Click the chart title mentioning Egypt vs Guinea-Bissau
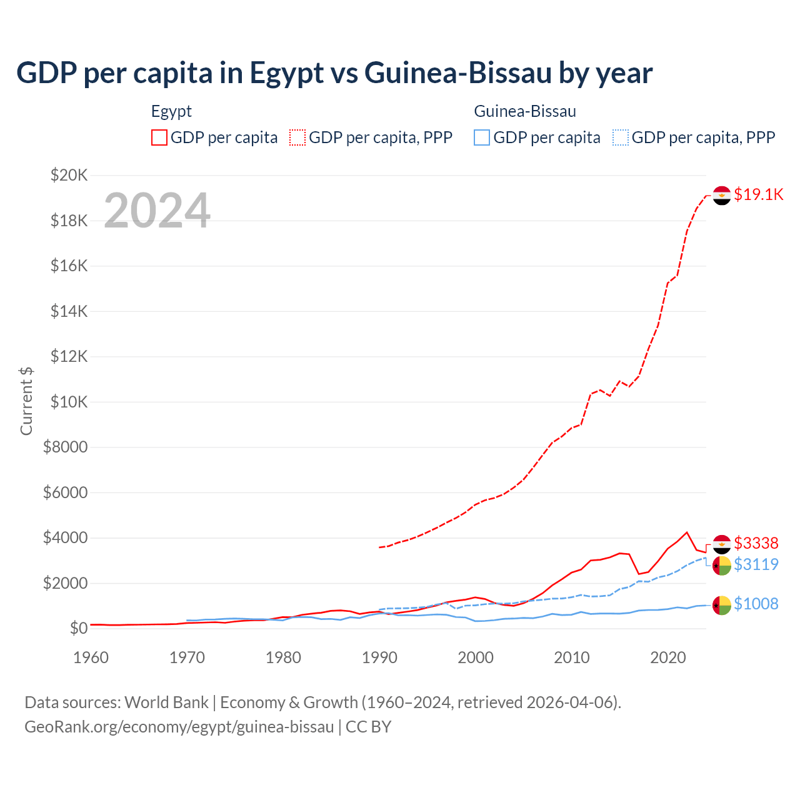coord(334,73)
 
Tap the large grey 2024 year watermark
coord(157,211)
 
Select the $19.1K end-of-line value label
coord(758,194)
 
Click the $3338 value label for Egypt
coord(756,543)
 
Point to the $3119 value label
coord(756,564)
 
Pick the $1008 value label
coord(756,604)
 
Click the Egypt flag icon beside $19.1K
coord(722,195)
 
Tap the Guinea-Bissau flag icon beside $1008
coord(722,605)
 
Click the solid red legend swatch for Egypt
coord(159,137)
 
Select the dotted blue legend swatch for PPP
coord(620,137)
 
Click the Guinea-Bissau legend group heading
coord(525,111)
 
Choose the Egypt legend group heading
coord(171,111)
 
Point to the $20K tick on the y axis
coord(69,175)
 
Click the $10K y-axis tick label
coord(69,402)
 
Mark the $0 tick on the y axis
coord(78,628)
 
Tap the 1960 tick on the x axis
coord(91,657)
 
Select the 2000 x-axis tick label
coord(476,657)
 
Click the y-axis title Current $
coord(26,401)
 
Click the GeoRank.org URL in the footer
coord(179,727)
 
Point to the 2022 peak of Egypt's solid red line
coord(687,532)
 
